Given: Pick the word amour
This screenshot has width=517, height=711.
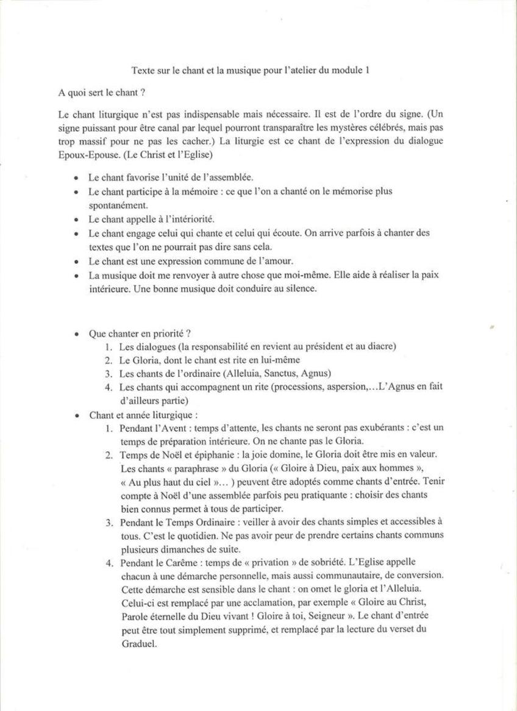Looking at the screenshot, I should click(x=250, y=261).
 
